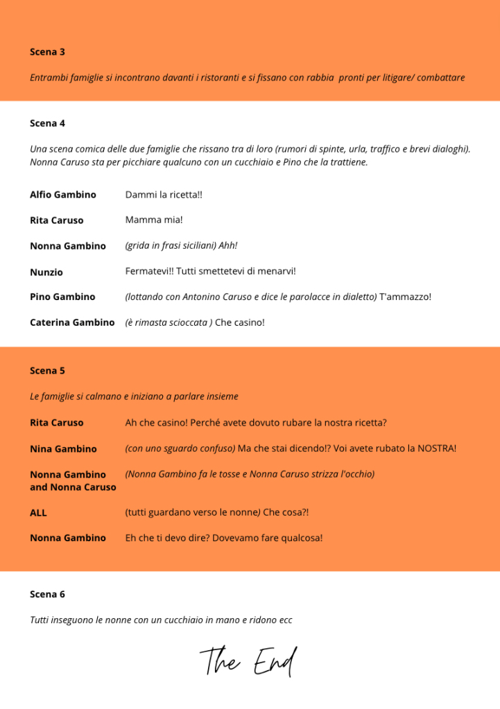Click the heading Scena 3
point(47,52)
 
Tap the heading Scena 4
point(47,123)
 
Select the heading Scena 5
point(47,371)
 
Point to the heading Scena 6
point(47,595)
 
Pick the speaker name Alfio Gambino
point(63,195)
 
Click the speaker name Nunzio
point(46,272)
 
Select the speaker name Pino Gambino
point(62,297)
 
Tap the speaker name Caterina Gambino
point(72,322)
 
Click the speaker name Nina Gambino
point(63,448)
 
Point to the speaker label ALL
point(38,513)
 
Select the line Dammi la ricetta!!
point(164,195)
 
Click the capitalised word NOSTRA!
point(437,448)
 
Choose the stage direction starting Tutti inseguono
point(161,620)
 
